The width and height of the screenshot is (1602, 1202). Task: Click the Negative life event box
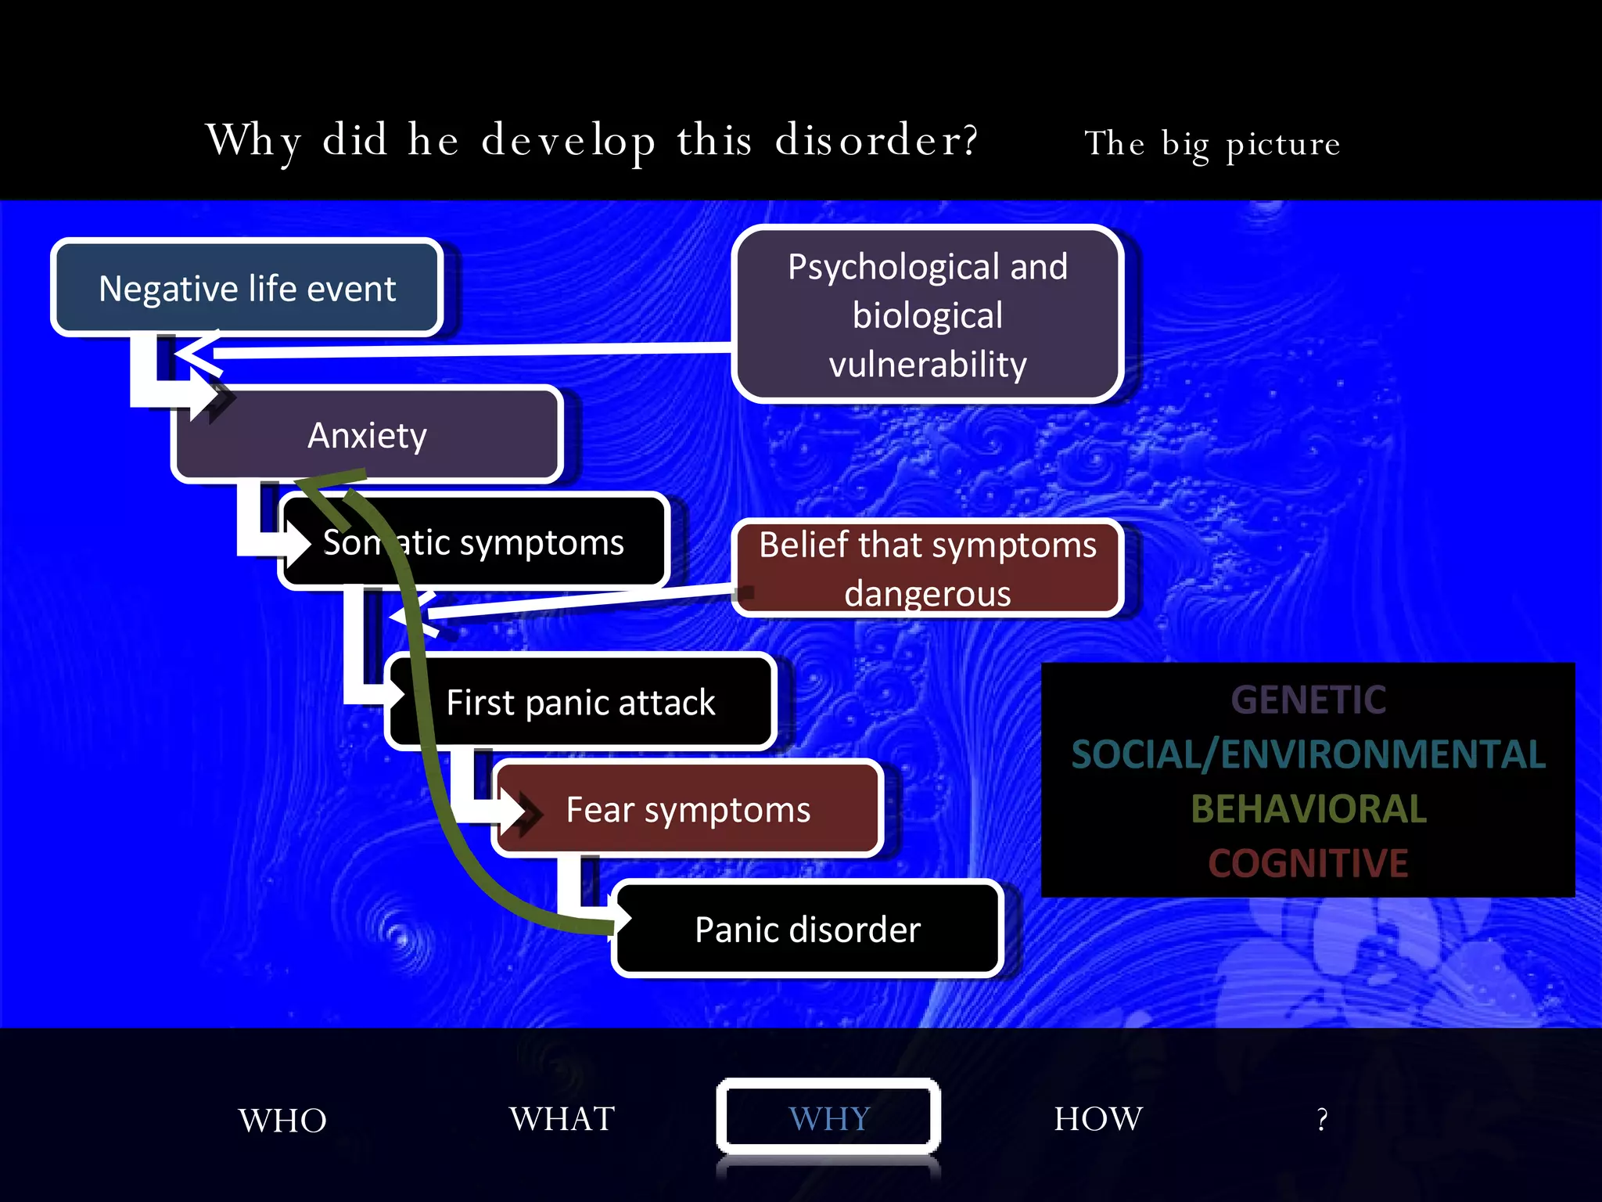coord(247,288)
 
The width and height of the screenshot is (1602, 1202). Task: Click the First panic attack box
coord(580,702)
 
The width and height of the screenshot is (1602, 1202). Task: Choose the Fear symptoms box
coord(688,809)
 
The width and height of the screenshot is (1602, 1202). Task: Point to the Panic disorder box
coord(807,929)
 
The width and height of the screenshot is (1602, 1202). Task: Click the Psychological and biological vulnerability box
coord(928,315)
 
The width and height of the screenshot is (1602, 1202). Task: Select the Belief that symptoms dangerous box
coord(928,568)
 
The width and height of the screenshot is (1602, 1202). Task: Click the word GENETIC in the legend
coord(1308,700)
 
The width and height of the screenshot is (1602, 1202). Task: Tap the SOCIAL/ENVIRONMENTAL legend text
coord(1308,754)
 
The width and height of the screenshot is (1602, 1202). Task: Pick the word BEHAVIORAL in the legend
coord(1308,809)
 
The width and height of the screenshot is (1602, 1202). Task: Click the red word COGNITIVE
coord(1308,863)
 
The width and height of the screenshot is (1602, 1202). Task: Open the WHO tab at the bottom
coord(282,1120)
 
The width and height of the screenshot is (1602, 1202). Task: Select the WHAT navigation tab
coord(562,1118)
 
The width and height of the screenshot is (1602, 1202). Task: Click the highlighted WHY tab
coord(828,1118)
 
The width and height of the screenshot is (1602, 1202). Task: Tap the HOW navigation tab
coord(1098,1118)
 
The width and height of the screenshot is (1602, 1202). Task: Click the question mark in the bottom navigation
coord(1322,1120)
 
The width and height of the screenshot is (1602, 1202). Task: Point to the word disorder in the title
coord(876,141)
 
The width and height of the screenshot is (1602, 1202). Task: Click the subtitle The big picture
coord(1212,144)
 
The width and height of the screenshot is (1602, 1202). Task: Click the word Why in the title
coord(253,141)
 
